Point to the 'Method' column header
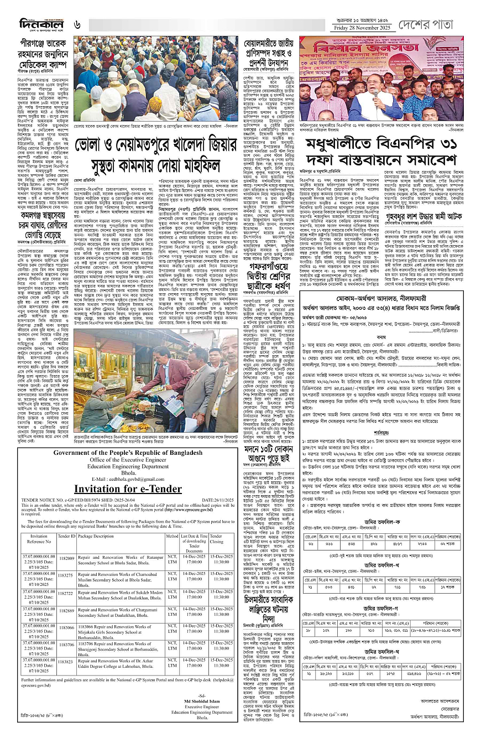point(172,536)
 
